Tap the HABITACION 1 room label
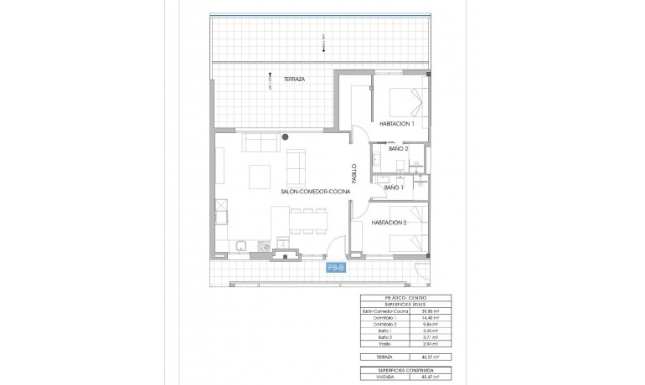(x=397, y=123)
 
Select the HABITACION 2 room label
(x=390, y=223)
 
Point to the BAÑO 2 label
(x=386, y=149)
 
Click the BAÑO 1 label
(x=394, y=188)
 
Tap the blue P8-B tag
(x=337, y=268)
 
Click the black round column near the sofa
(x=286, y=136)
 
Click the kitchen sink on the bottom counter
(x=240, y=247)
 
